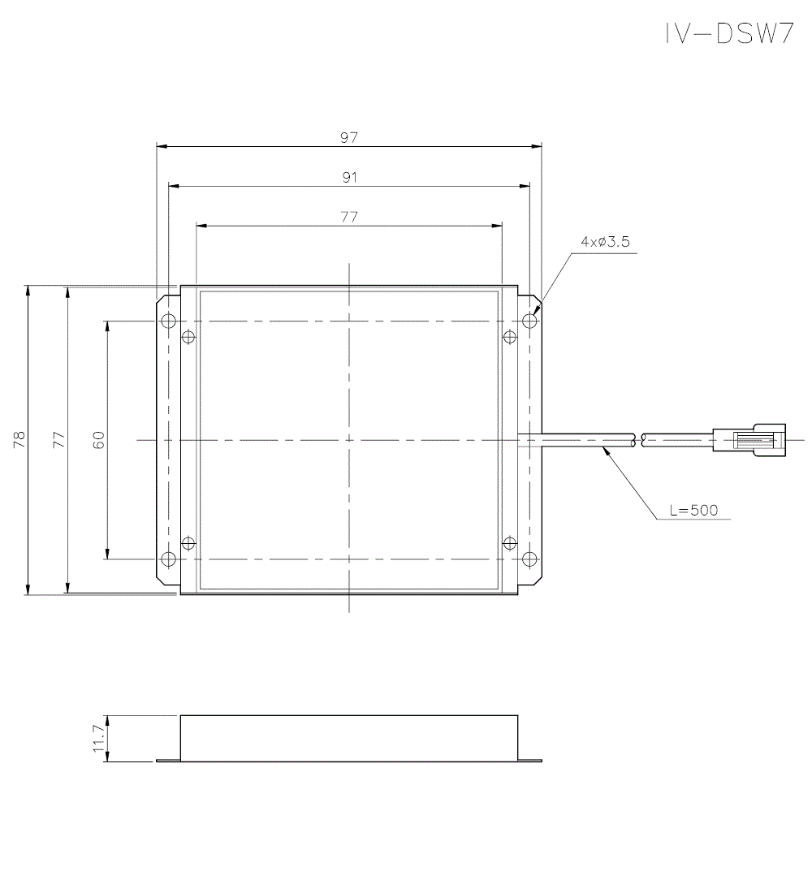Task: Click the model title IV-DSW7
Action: pos(728,33)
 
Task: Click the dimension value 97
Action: pos(349,138)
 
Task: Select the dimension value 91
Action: pos(349,177)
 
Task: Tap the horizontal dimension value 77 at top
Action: pos(349,217)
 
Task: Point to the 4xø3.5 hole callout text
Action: pos(605,242)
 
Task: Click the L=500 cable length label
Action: pos(693,510)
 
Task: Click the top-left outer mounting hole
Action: pos(168,321)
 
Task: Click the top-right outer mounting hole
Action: pos(529,321)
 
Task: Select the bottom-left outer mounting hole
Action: pos(168,559)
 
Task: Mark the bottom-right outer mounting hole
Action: pos(529,559)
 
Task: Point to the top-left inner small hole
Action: pos(188,337)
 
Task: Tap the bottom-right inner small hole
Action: pos(510,542)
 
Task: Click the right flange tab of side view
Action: pos(529,761)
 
